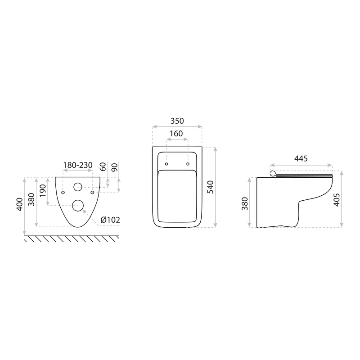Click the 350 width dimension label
177,121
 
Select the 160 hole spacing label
176,134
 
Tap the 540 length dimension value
210,187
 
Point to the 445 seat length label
301,158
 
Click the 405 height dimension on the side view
336,200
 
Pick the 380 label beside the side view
245,204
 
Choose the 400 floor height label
20,204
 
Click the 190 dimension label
43,190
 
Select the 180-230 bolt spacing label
78,165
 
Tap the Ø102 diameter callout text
110,220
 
